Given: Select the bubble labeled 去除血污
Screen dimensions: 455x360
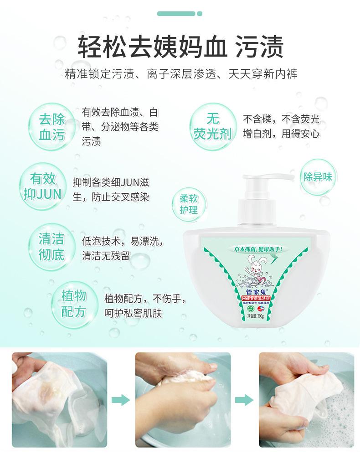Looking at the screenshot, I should [52, 127].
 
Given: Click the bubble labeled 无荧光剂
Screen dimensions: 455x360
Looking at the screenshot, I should [212, 127].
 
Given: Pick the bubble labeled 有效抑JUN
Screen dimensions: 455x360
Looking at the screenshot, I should [42, 186].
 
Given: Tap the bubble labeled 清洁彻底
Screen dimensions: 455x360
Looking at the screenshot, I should [51, 247].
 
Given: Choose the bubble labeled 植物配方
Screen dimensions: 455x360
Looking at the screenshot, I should [73, 303].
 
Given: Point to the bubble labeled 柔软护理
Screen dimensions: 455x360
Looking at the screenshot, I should [188, 204].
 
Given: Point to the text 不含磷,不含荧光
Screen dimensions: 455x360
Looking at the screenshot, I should [281, 119].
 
